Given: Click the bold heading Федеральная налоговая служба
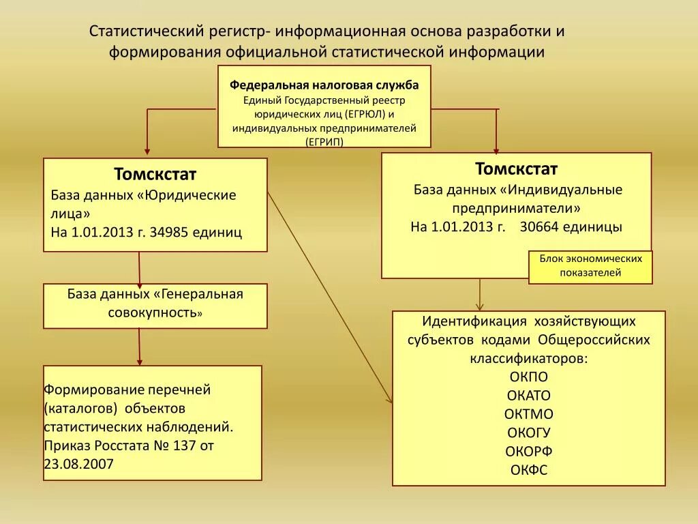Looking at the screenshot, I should (324, 85).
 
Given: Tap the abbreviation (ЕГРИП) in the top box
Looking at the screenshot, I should (324, 141).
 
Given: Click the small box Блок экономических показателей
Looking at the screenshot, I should (590, 266).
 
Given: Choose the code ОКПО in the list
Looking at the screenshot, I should (528, 377).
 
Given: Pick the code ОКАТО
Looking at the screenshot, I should (528, 396).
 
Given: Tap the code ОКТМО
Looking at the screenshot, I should (528, 414).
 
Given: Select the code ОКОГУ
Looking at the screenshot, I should (528, 433).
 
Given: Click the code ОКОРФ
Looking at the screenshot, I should (528, 451).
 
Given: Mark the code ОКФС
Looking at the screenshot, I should (528, 469).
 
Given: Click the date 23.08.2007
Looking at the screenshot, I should (79, 463).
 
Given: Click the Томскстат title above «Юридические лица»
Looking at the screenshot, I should (155, 174).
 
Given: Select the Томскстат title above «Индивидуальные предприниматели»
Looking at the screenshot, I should (516, 169).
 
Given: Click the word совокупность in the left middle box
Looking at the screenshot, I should (152, 312).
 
